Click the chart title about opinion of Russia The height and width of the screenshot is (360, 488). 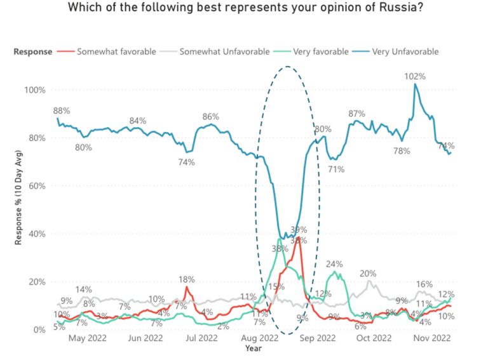(x=244, y=8)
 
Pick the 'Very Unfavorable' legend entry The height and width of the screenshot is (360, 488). (x=405, y=52)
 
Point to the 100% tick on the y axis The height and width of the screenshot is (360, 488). (x=35, y=90)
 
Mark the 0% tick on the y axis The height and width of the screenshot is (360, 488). (x=39, y=330)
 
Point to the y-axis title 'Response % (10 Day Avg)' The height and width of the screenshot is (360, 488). (x=20, y=209)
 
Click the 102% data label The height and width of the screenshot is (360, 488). (x=415, y=76)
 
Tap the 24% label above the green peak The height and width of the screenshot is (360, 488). (x=334, y=264)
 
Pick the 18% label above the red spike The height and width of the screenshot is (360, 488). (x=186, y=279)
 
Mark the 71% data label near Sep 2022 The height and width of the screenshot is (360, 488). (x=336, y=170)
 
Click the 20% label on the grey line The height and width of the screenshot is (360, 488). (x=368, y=274)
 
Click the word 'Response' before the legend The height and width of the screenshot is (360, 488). (x=33, y=52)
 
